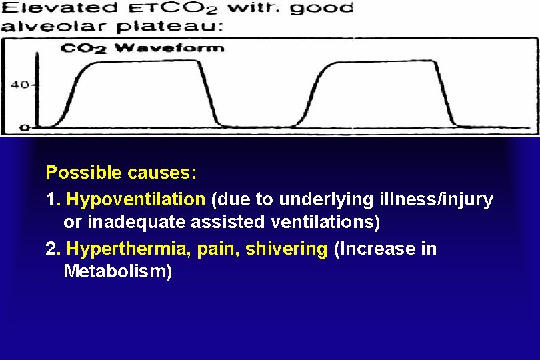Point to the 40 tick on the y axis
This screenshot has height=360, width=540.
[20, 85]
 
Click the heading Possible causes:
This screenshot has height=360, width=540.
[121, 173]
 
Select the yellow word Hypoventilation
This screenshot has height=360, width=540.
[136, 199]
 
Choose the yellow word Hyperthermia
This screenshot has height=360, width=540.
[127, 249]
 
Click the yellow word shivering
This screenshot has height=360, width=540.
[287, 249]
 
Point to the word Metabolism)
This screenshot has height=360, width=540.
[118, 272]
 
